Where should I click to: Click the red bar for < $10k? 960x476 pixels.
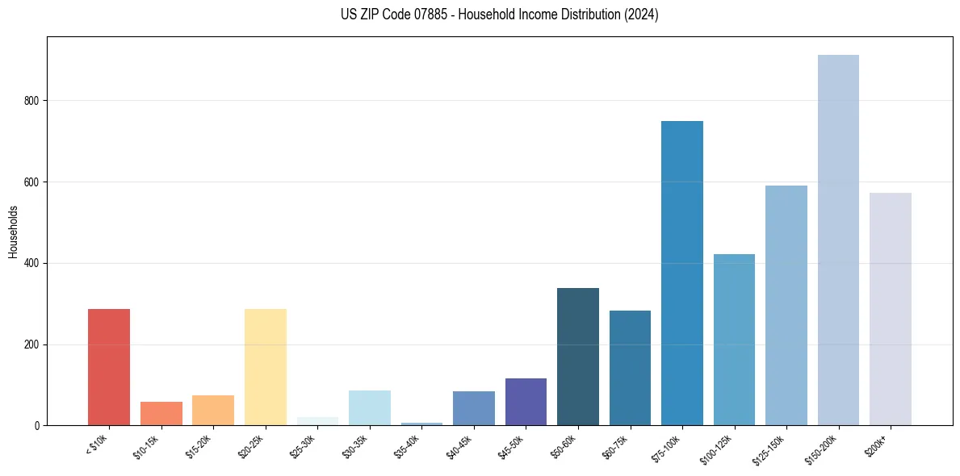109,367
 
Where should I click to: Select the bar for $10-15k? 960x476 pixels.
161,413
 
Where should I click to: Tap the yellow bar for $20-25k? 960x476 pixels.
265,367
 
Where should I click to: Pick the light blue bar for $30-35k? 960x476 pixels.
369,407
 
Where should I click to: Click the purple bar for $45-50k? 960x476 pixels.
526,402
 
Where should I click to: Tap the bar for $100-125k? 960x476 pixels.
734,340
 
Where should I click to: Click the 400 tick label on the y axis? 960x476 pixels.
31,263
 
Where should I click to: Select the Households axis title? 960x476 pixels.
13,232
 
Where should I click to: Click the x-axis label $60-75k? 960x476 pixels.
616,446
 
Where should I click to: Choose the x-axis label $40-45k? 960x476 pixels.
459,446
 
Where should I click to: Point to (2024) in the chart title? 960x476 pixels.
641,15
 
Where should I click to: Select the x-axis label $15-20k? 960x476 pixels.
199,446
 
